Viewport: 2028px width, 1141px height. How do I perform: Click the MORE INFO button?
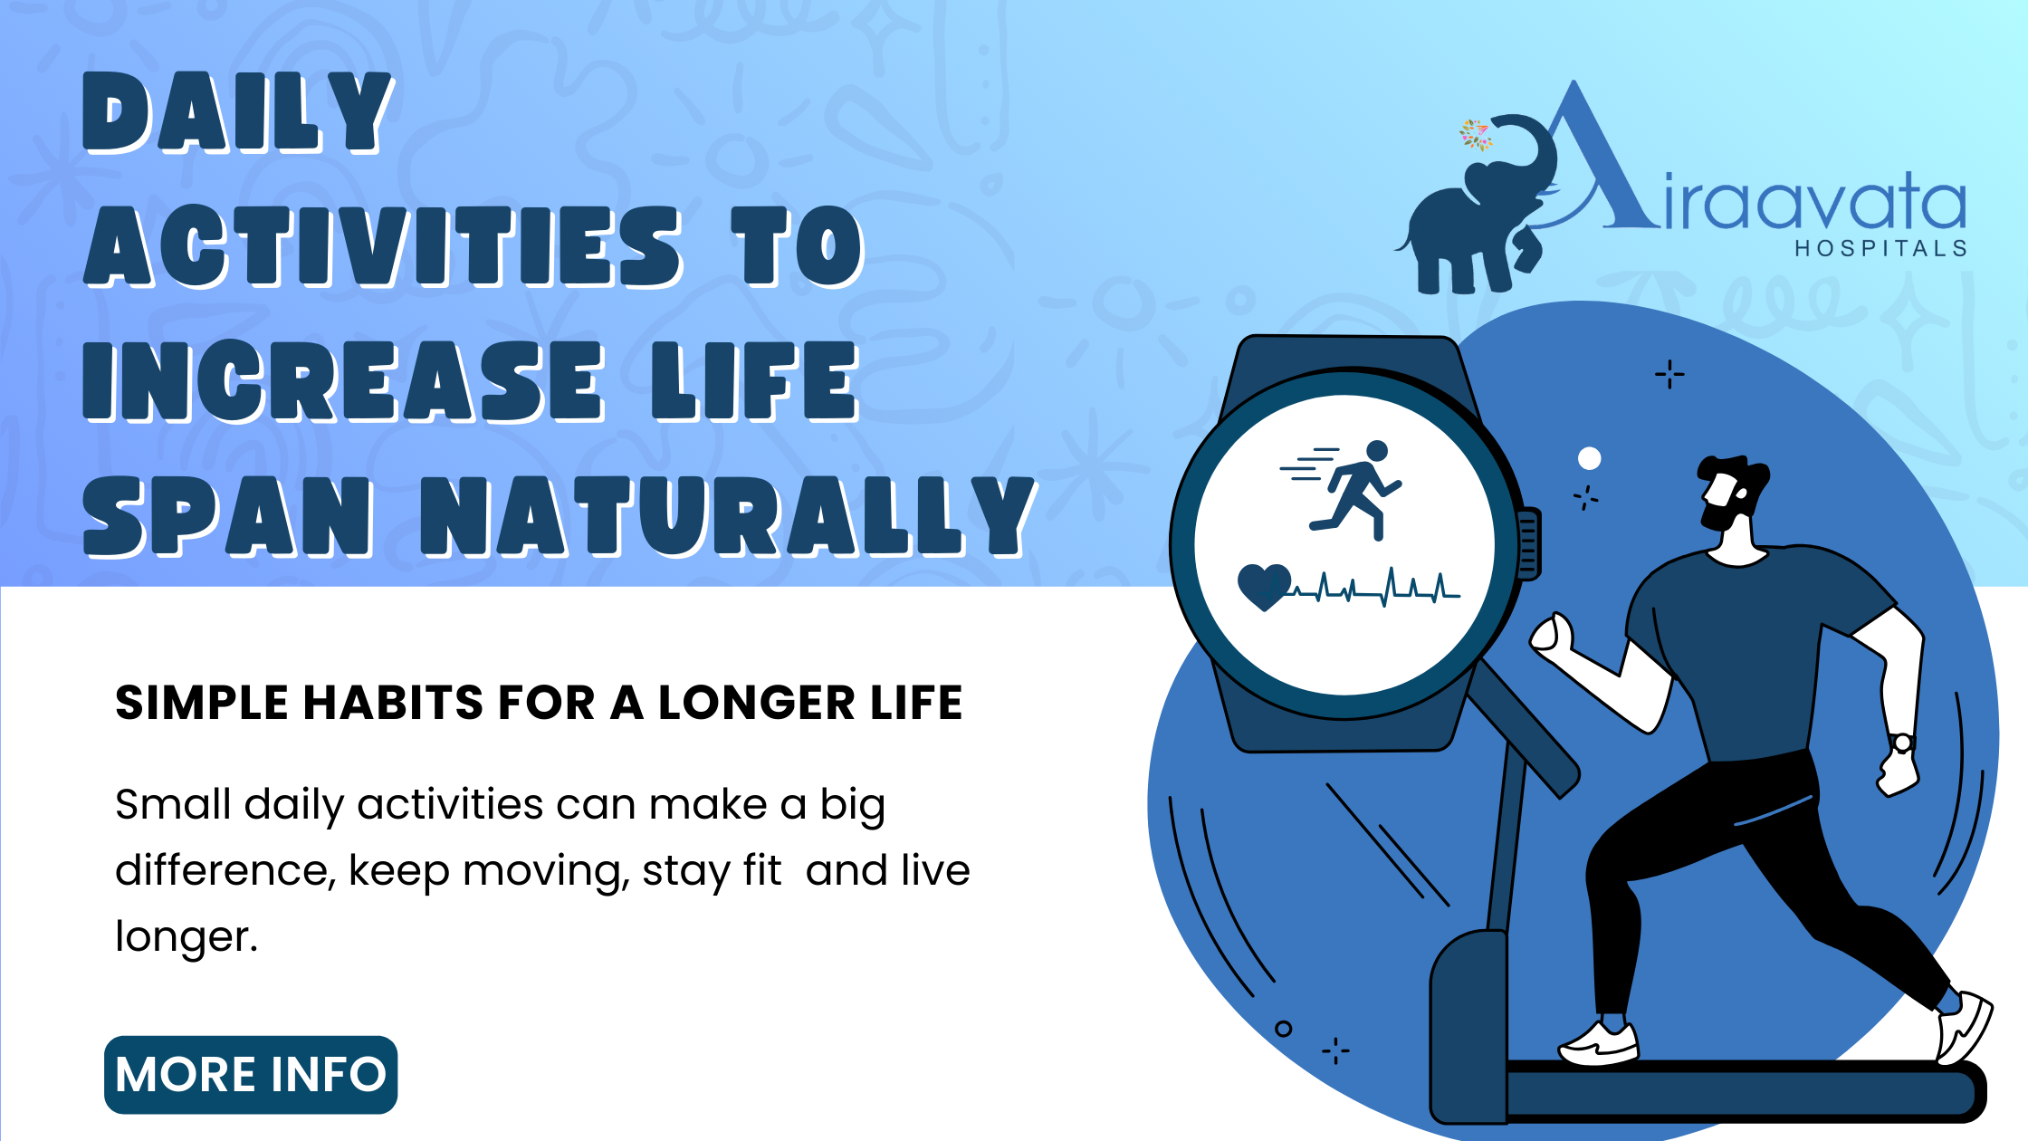(251, 1075)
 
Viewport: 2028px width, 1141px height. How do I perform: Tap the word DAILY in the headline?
(237, 112)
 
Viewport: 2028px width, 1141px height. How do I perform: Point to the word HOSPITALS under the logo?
(1881, 249)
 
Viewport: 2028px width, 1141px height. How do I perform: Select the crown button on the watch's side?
(1529, 543)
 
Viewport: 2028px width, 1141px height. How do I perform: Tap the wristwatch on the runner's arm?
(1902, 743)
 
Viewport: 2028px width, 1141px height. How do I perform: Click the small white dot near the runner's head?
(1589, 458)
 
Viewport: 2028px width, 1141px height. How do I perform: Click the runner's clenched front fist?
(1552, 635)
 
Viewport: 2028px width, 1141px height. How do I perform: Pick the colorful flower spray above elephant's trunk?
(1475, 135)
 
